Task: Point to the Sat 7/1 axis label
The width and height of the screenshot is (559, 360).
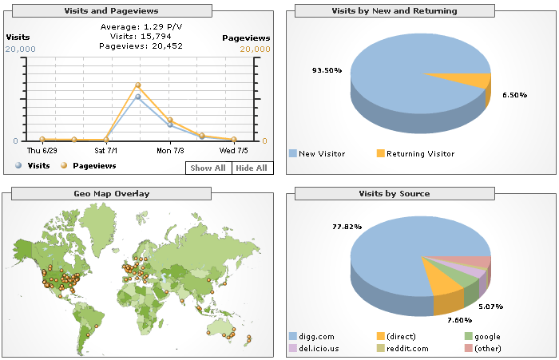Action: [x=105, y=149]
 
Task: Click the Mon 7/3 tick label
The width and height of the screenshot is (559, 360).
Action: [x=170, y=149]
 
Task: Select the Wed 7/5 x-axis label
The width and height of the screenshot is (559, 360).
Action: [x=233, y=149]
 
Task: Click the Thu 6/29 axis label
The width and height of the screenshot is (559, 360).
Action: [x=42, y=149]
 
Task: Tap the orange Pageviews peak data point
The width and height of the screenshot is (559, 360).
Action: [x=138, y=85]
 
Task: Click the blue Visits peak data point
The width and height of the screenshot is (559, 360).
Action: [x=138, y=97]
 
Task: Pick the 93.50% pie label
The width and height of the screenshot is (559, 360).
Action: [x=327, y=70]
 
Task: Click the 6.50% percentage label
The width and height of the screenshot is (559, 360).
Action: [x=514, y=95]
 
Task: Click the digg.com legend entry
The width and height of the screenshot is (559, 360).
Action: [x=312, y=337]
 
